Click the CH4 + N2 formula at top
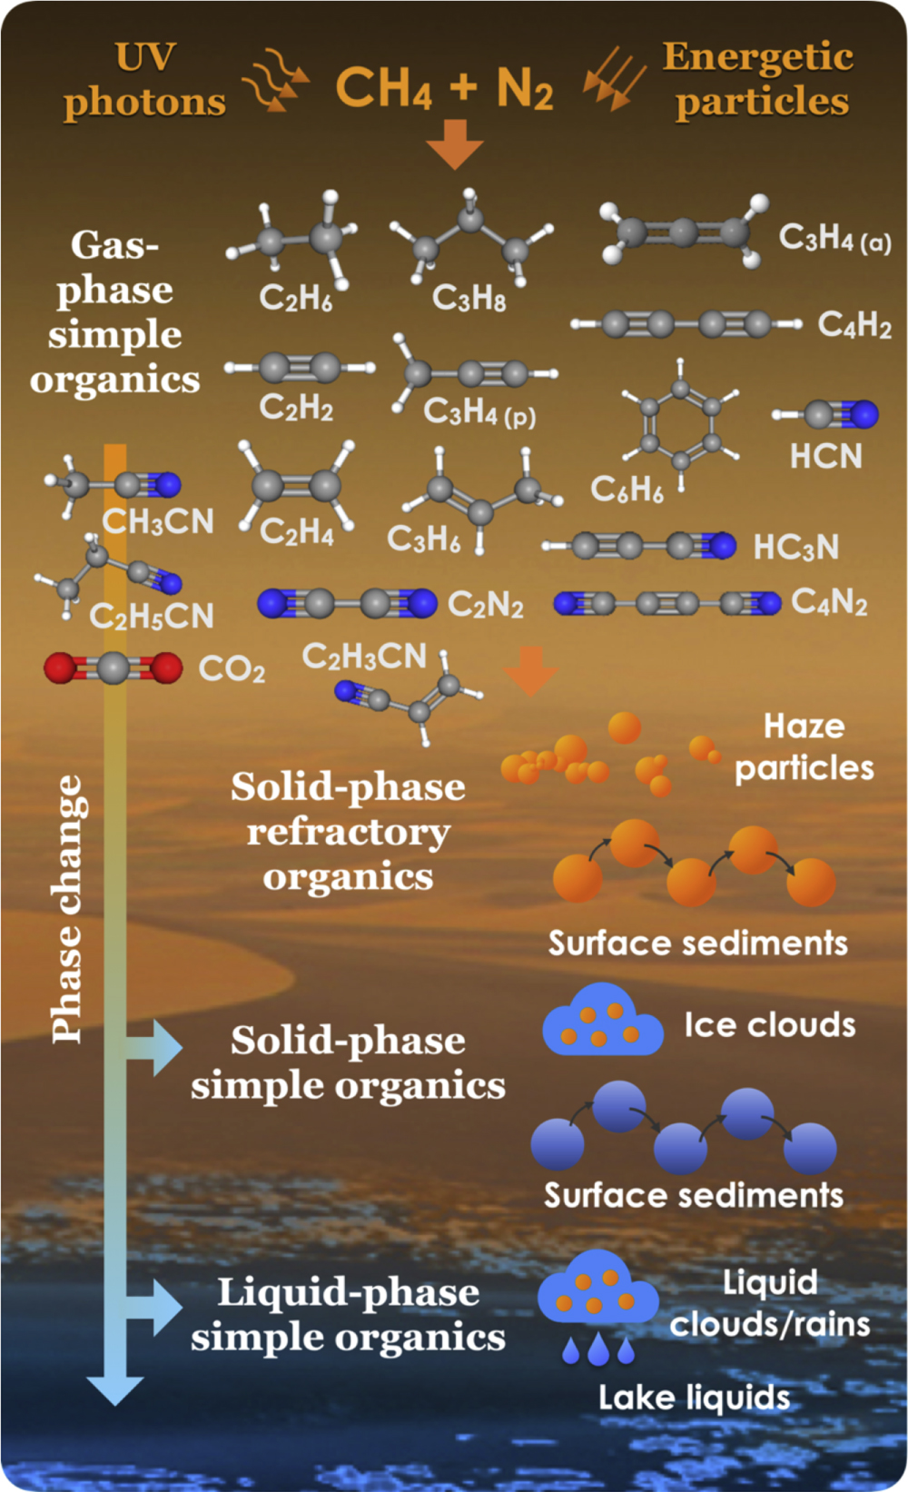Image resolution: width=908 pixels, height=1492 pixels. point(444,88)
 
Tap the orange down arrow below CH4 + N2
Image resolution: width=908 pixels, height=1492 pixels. point(455,143)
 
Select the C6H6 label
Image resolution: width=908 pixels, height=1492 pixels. point(627,489)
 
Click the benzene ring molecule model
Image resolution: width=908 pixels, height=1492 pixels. point(680,419)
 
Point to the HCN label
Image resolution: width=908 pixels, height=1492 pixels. point(825,456)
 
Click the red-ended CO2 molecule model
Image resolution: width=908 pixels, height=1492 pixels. point(113,668)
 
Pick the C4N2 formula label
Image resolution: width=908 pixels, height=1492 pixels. point(829,601)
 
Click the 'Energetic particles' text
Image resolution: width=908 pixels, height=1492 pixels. point(759,79)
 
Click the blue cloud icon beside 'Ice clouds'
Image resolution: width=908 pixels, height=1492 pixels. point(602,1023)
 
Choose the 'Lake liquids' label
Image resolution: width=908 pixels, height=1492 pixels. point(694,1397)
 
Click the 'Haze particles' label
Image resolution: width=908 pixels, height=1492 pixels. point(804,746)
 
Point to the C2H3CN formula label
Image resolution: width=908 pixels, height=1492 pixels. point(364,656)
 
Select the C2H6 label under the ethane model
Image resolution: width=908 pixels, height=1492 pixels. point(295,297)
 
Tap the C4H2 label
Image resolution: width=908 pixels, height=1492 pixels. point(854,324)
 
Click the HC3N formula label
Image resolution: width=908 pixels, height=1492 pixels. point(795,547)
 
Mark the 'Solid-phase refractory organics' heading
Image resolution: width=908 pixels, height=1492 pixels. point(348,831)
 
